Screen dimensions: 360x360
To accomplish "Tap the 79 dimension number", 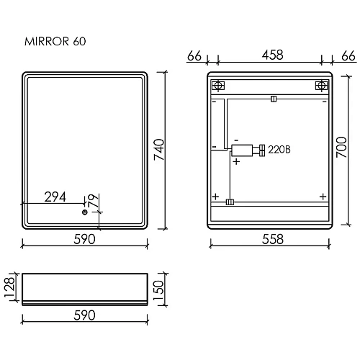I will coord(92,199).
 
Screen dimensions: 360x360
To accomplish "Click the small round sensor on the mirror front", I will coord(84,212).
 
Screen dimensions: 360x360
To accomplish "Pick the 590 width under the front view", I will coord(85,240).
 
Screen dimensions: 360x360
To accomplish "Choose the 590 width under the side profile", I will coord(85,315).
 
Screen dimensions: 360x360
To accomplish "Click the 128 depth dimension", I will coord(9,287).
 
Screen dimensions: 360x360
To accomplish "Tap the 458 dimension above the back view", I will coord(271,55).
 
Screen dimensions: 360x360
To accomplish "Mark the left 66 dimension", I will coord(194,55).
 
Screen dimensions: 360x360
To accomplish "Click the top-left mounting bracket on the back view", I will coord(218,86).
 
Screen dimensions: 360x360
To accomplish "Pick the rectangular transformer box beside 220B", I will coord(241,150).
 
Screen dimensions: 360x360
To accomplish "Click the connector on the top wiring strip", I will coord(273,99).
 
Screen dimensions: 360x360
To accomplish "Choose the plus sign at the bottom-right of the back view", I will coord(322,196).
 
